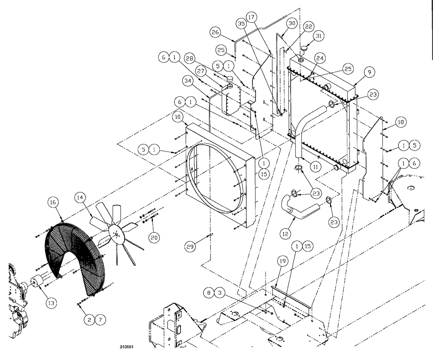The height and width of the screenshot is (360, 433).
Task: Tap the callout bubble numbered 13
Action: pos(51,304)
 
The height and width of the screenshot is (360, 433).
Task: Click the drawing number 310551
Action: pos(128,347)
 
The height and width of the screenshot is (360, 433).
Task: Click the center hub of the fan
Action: pos(116,235)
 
